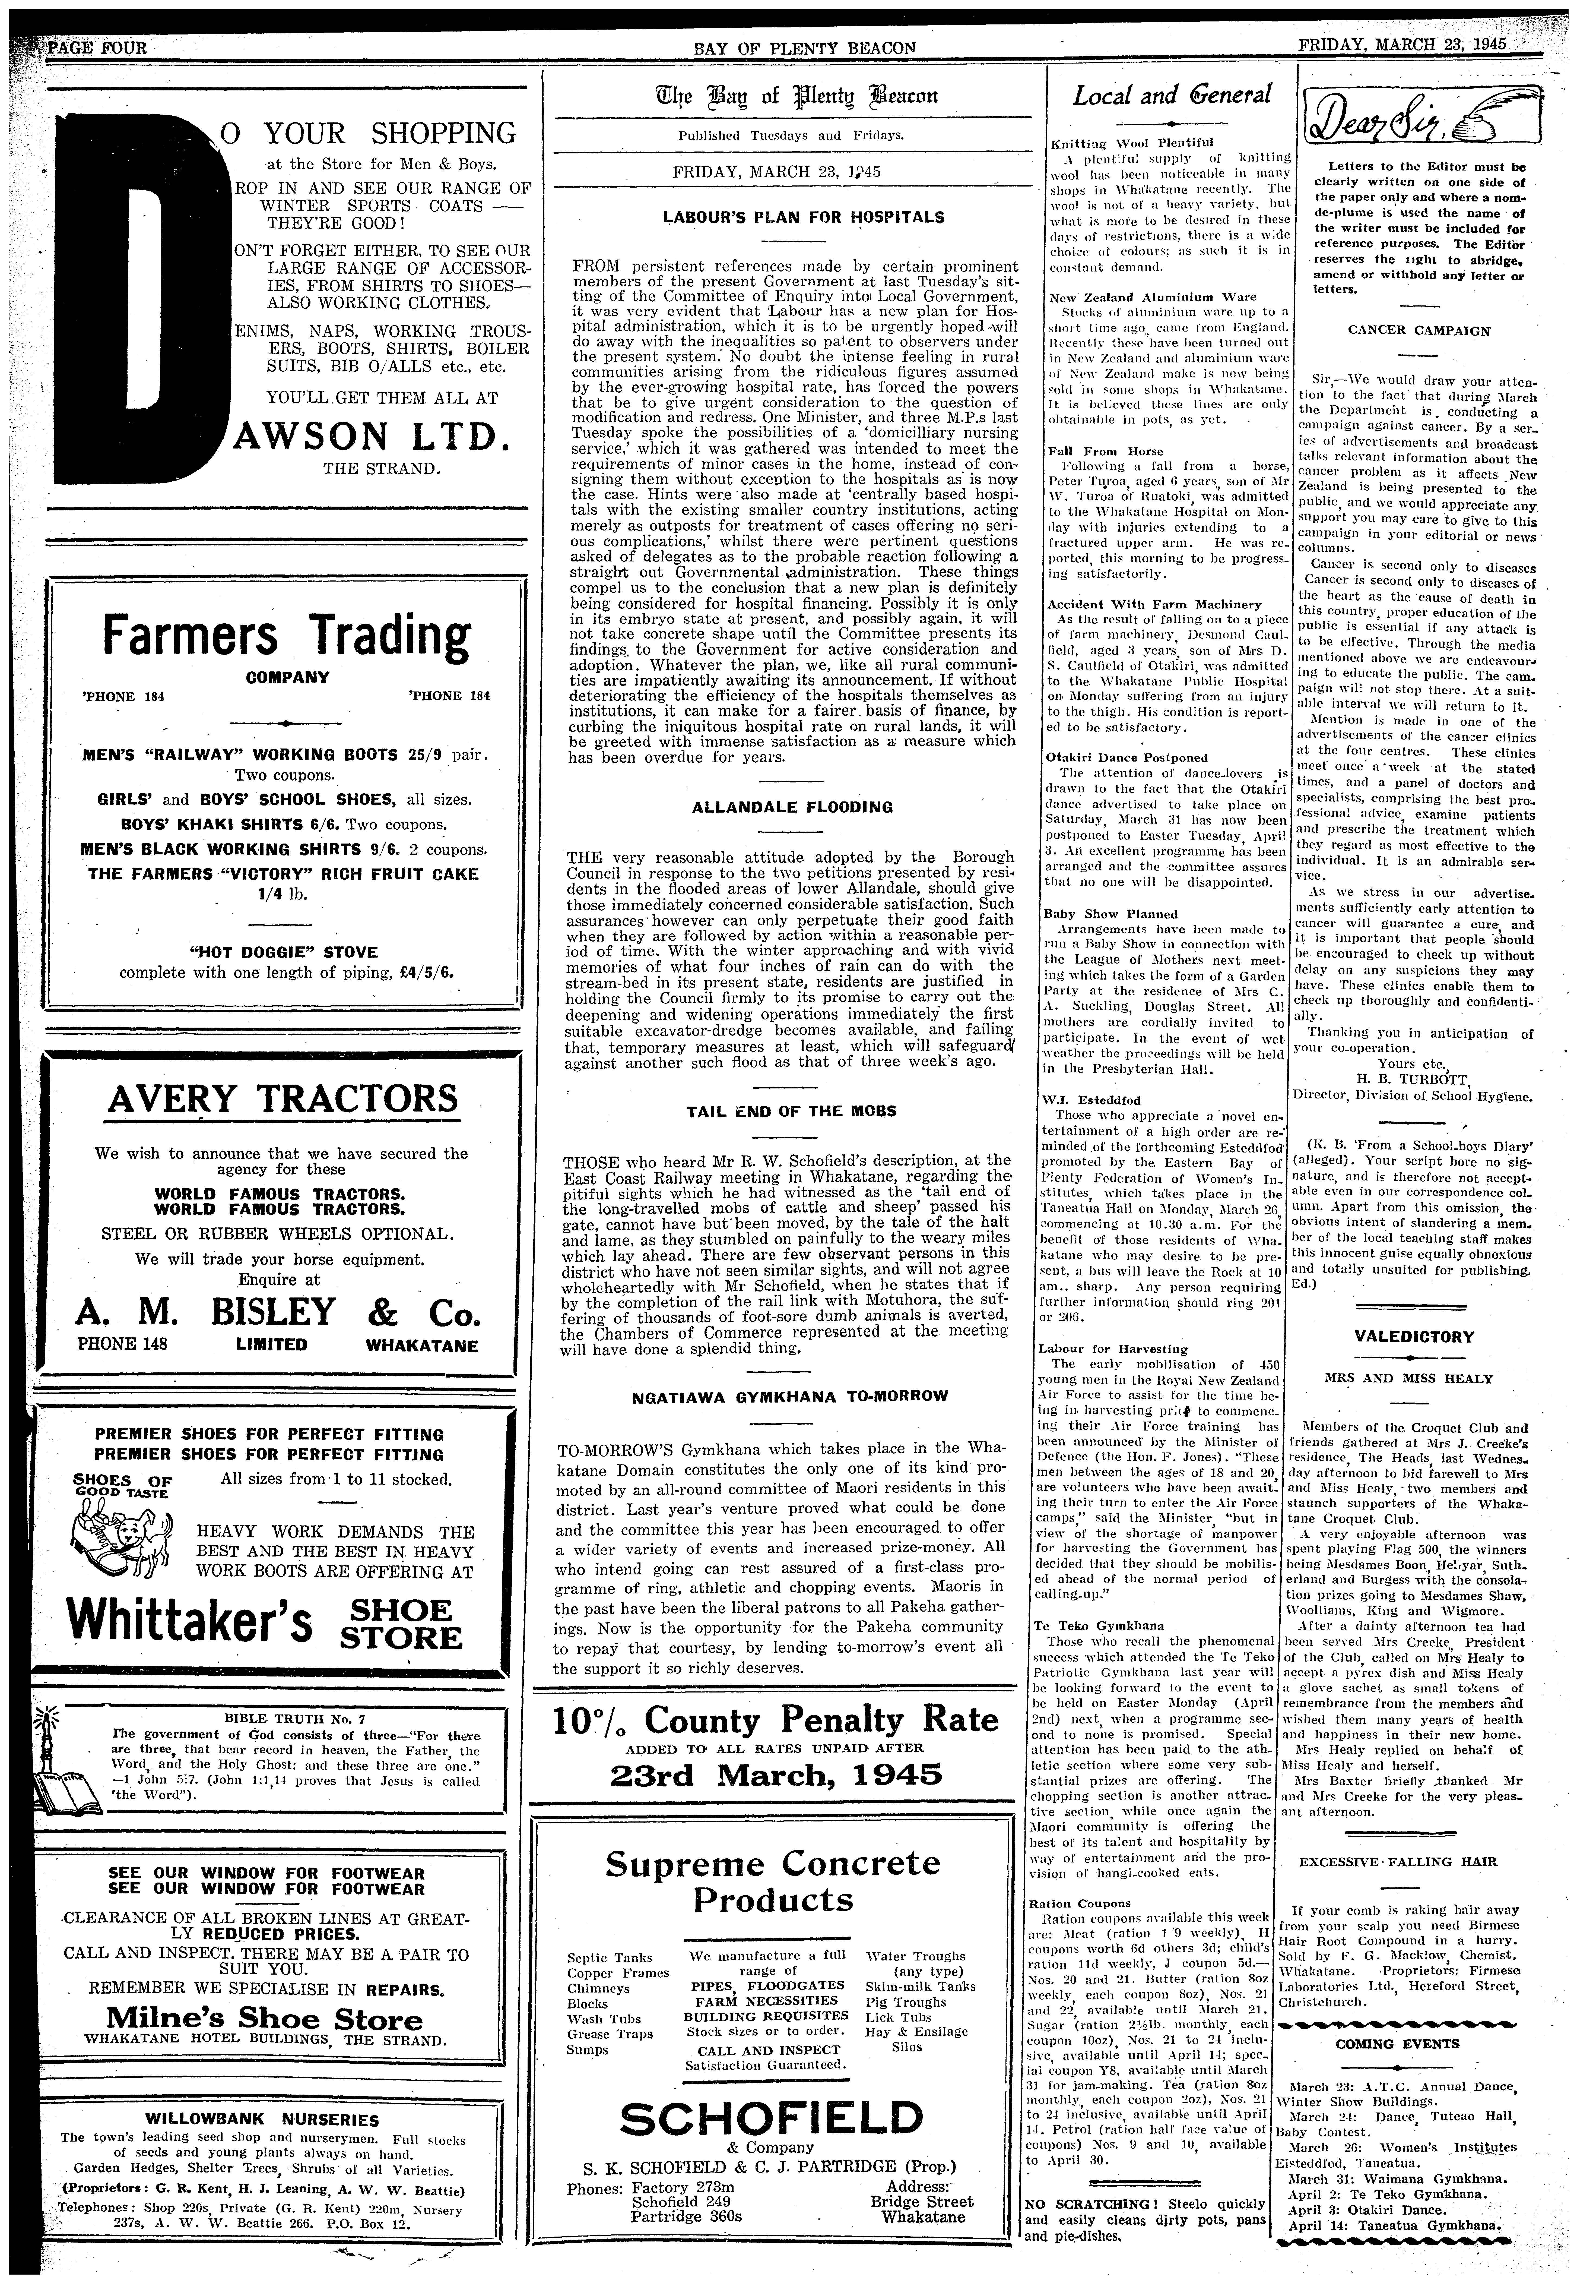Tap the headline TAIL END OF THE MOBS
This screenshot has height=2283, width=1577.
point(791,1111)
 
